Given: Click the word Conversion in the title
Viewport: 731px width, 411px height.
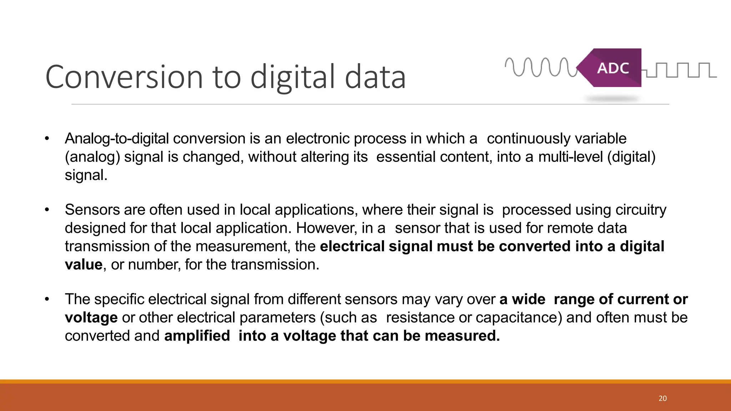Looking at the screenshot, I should [x=124, y=77].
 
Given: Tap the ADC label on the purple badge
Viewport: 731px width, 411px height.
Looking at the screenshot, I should [x=613, y=68].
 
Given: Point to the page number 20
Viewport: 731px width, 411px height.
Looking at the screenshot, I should [x=662, y=399].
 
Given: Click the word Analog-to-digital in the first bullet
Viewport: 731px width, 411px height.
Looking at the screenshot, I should [x=116, y=139].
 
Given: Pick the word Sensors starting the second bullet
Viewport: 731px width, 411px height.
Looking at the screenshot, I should [x=92, y=210].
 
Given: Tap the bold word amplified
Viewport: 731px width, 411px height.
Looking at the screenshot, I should [x=197, y=336].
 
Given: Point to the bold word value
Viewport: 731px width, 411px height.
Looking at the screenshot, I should [x=84, y=265].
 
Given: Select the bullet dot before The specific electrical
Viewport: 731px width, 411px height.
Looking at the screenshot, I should [x=47, y=299].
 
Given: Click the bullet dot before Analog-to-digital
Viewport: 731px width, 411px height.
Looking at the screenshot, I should [x=47, y=139].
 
